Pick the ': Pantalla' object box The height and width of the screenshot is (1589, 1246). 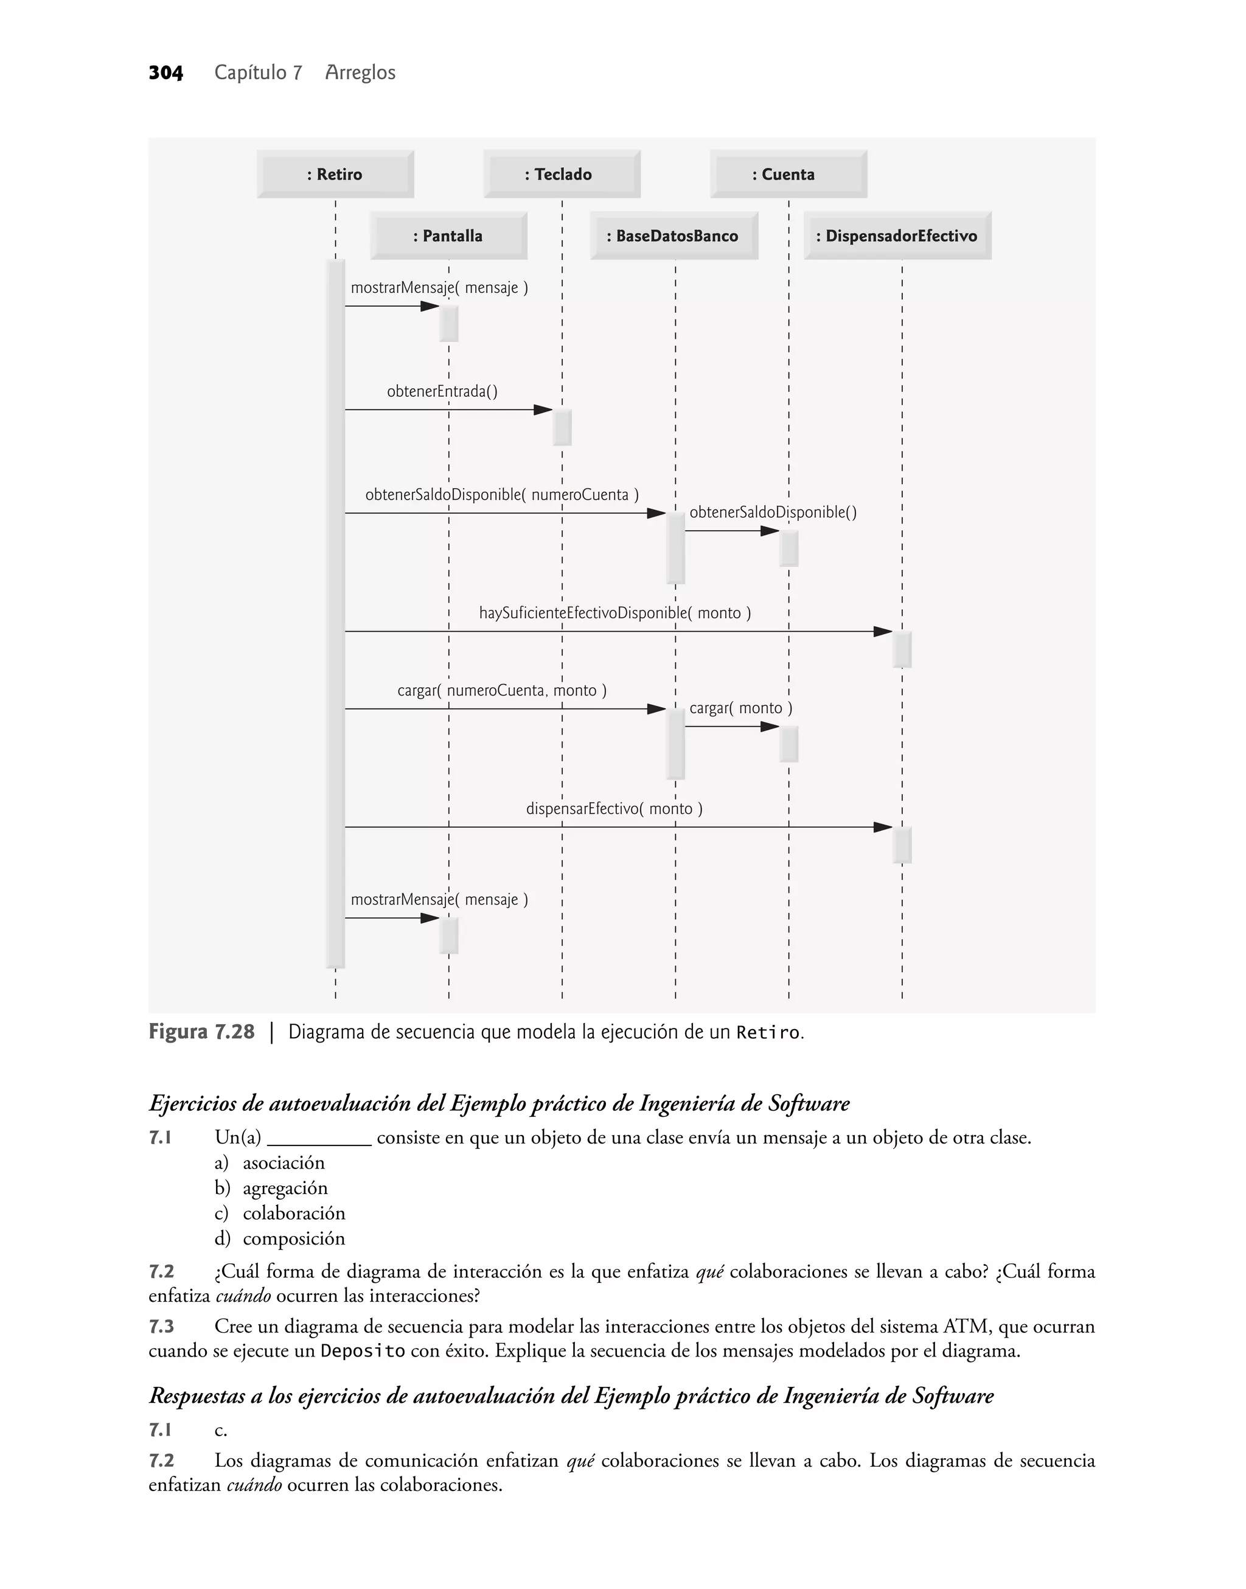point(448,236)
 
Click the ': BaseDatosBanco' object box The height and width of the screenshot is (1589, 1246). point(674,236)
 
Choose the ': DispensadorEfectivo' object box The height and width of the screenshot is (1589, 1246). point(897,236)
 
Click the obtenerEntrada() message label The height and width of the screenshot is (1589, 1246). point(442,392)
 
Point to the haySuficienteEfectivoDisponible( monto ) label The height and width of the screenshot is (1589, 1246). point(614,613)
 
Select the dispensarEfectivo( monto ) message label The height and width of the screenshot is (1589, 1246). point(614,808)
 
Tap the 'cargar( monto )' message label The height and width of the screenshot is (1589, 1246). point(740,708)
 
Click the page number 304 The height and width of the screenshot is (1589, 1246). point(165,73)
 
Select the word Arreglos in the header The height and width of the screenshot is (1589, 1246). point(360,73)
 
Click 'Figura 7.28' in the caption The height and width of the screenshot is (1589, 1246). point(201,1032)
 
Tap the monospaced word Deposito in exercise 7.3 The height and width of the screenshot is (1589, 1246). point(363,1351)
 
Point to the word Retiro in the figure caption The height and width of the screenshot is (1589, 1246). point(768,1033)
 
